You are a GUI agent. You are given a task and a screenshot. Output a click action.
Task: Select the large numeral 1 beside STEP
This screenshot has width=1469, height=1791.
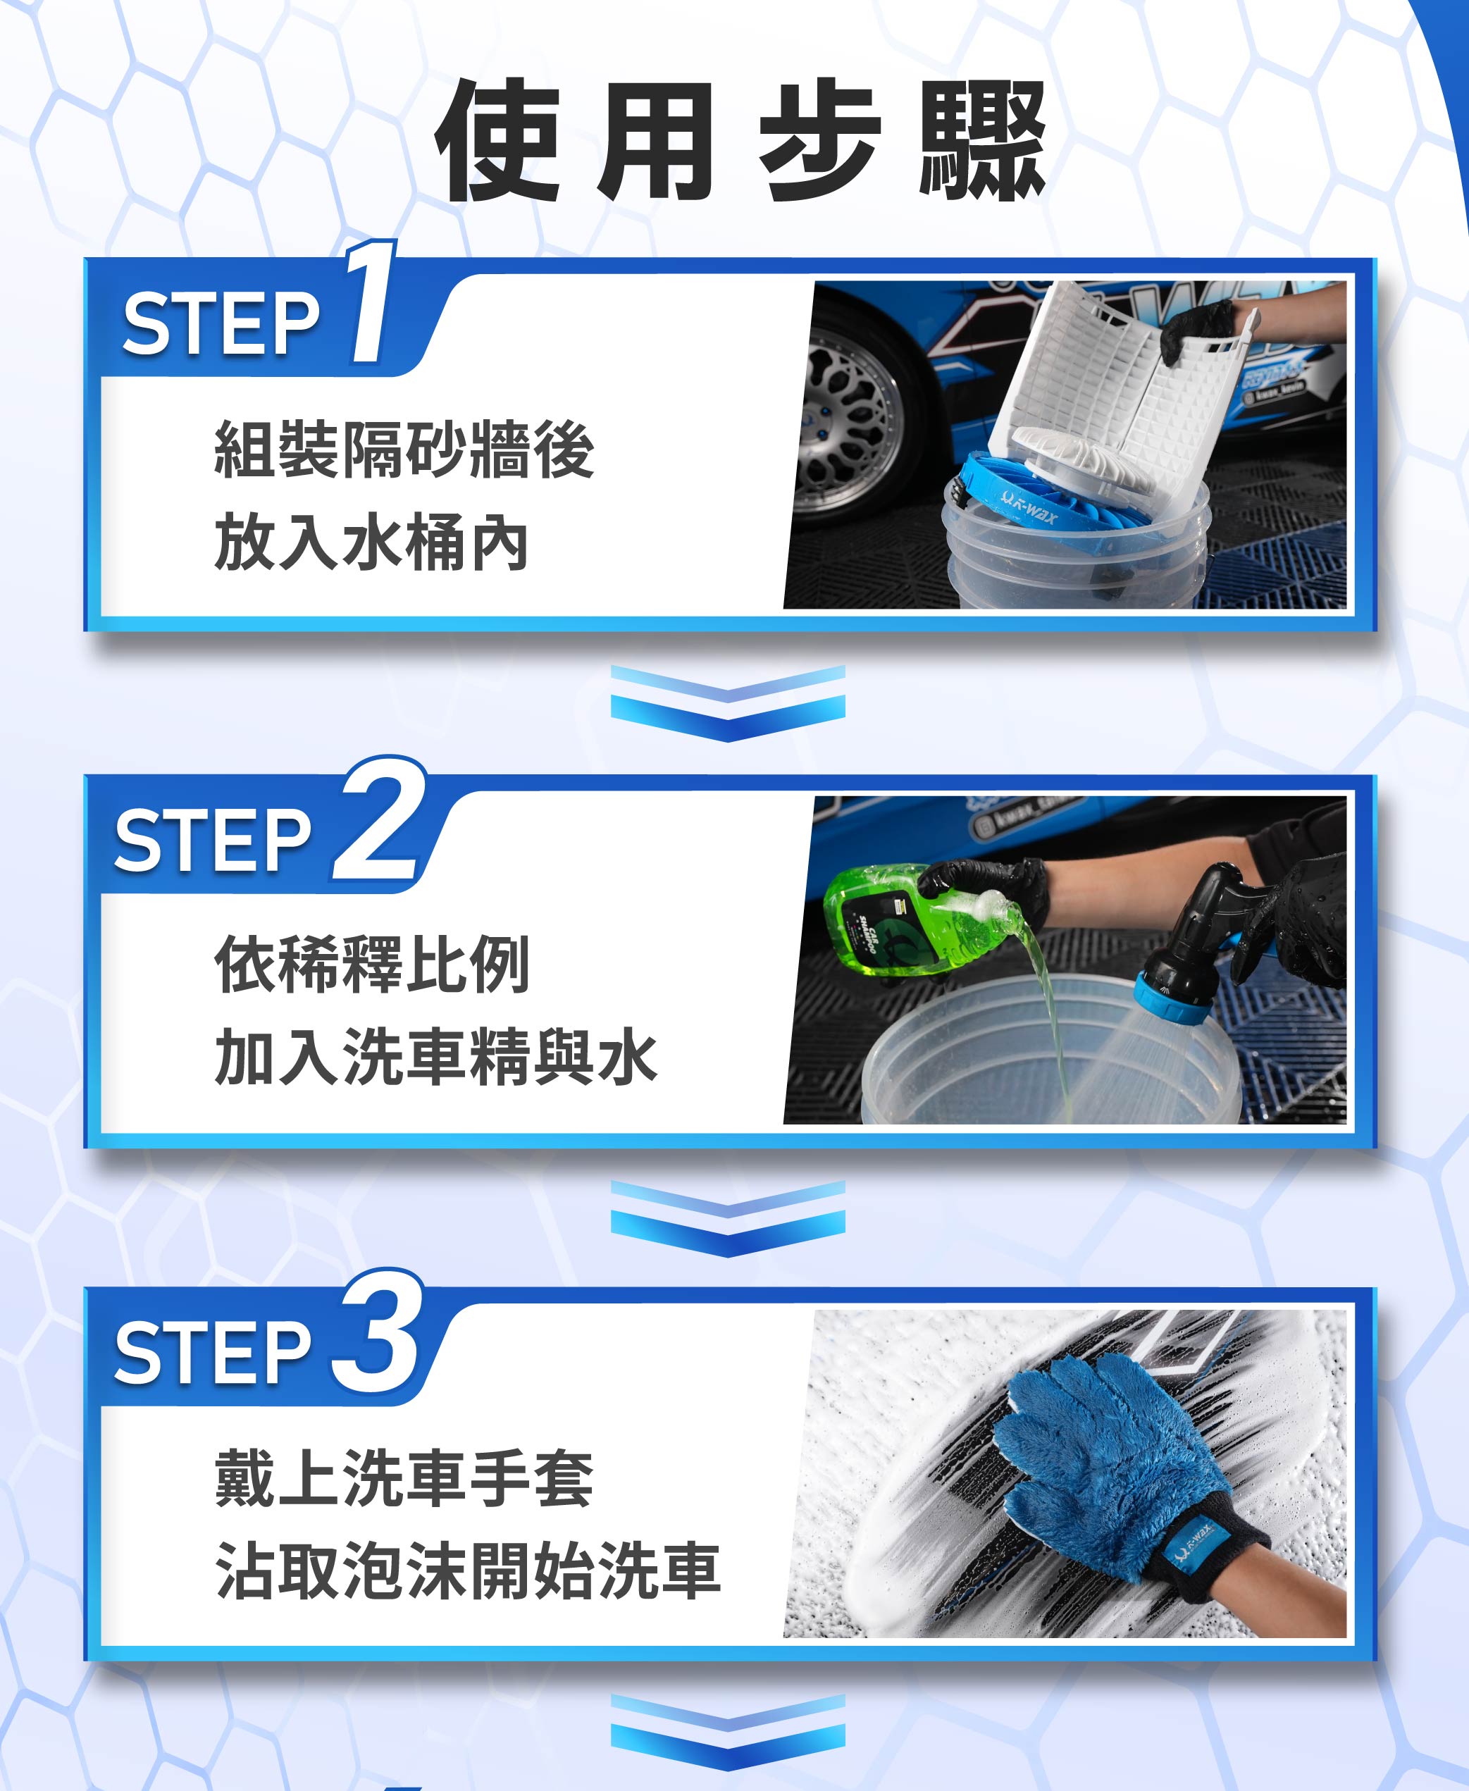(x=371, y=300)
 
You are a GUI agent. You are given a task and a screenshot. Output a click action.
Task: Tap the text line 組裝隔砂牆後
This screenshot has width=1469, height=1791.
(x=404, y=450)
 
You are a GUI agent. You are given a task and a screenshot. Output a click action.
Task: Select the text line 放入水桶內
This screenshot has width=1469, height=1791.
(x=372, y=543)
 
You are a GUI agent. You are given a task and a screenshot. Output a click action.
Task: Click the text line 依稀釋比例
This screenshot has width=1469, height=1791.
(x=372, y=965)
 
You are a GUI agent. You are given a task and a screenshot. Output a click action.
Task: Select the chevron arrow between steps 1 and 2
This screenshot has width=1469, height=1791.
(x=728, y=704)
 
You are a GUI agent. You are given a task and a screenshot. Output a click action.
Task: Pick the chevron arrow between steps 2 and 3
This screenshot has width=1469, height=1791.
(x=728, y=1219)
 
